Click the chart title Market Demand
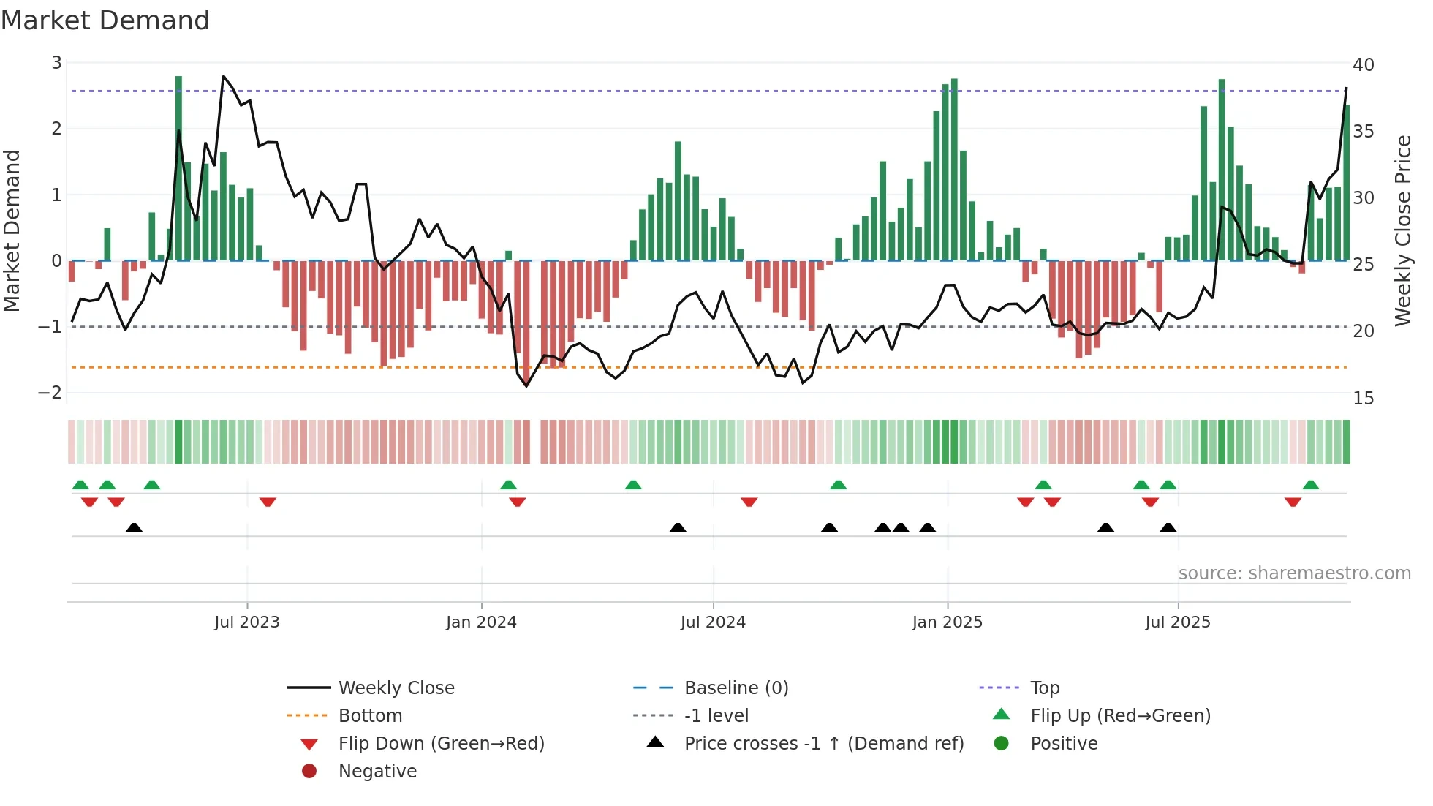(x=105, y=20)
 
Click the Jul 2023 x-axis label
(x=246, y=622)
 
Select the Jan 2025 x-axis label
(x=947, y=622)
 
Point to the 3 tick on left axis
(x=56, y=63)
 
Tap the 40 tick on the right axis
(x=1363, y=65)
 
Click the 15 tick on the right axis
(x=1363, y=399)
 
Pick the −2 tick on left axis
(x=50, y=393)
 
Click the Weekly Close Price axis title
(x=1402, y=230)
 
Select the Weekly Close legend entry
(x=396, y=688)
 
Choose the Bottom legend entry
(x=370, y=716)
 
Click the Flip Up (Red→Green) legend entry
(x=1120, y=716)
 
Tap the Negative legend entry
(x=377, y=772)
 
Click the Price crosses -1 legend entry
(x=823, y=744)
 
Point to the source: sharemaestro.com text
(x=1294, y=573)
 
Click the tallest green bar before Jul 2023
(x=178, y=168)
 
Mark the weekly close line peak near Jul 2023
(x=224, y=77)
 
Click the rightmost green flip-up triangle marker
(x=1310, y=485)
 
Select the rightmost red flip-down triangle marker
(x=1293, y=502)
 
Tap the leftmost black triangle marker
(x=134, y=527)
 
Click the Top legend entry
(x=1044, y=688)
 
